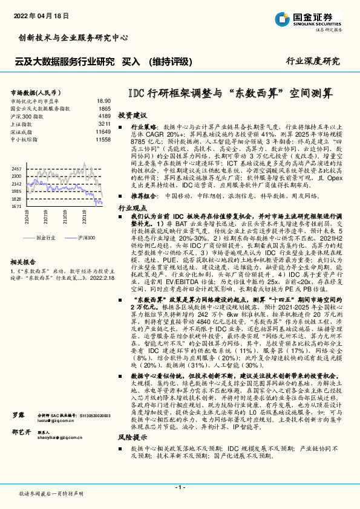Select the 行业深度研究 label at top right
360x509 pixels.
[312, 61]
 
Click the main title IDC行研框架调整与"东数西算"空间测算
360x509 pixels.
[231, 94]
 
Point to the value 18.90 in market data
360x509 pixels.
[103, 101]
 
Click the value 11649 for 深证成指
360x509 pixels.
[103, 131]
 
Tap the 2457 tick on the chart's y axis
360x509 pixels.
[17, 168]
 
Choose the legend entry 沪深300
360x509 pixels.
[87, 238]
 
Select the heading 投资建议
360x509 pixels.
[133, 114]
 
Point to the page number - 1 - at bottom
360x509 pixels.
[180, 487]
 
